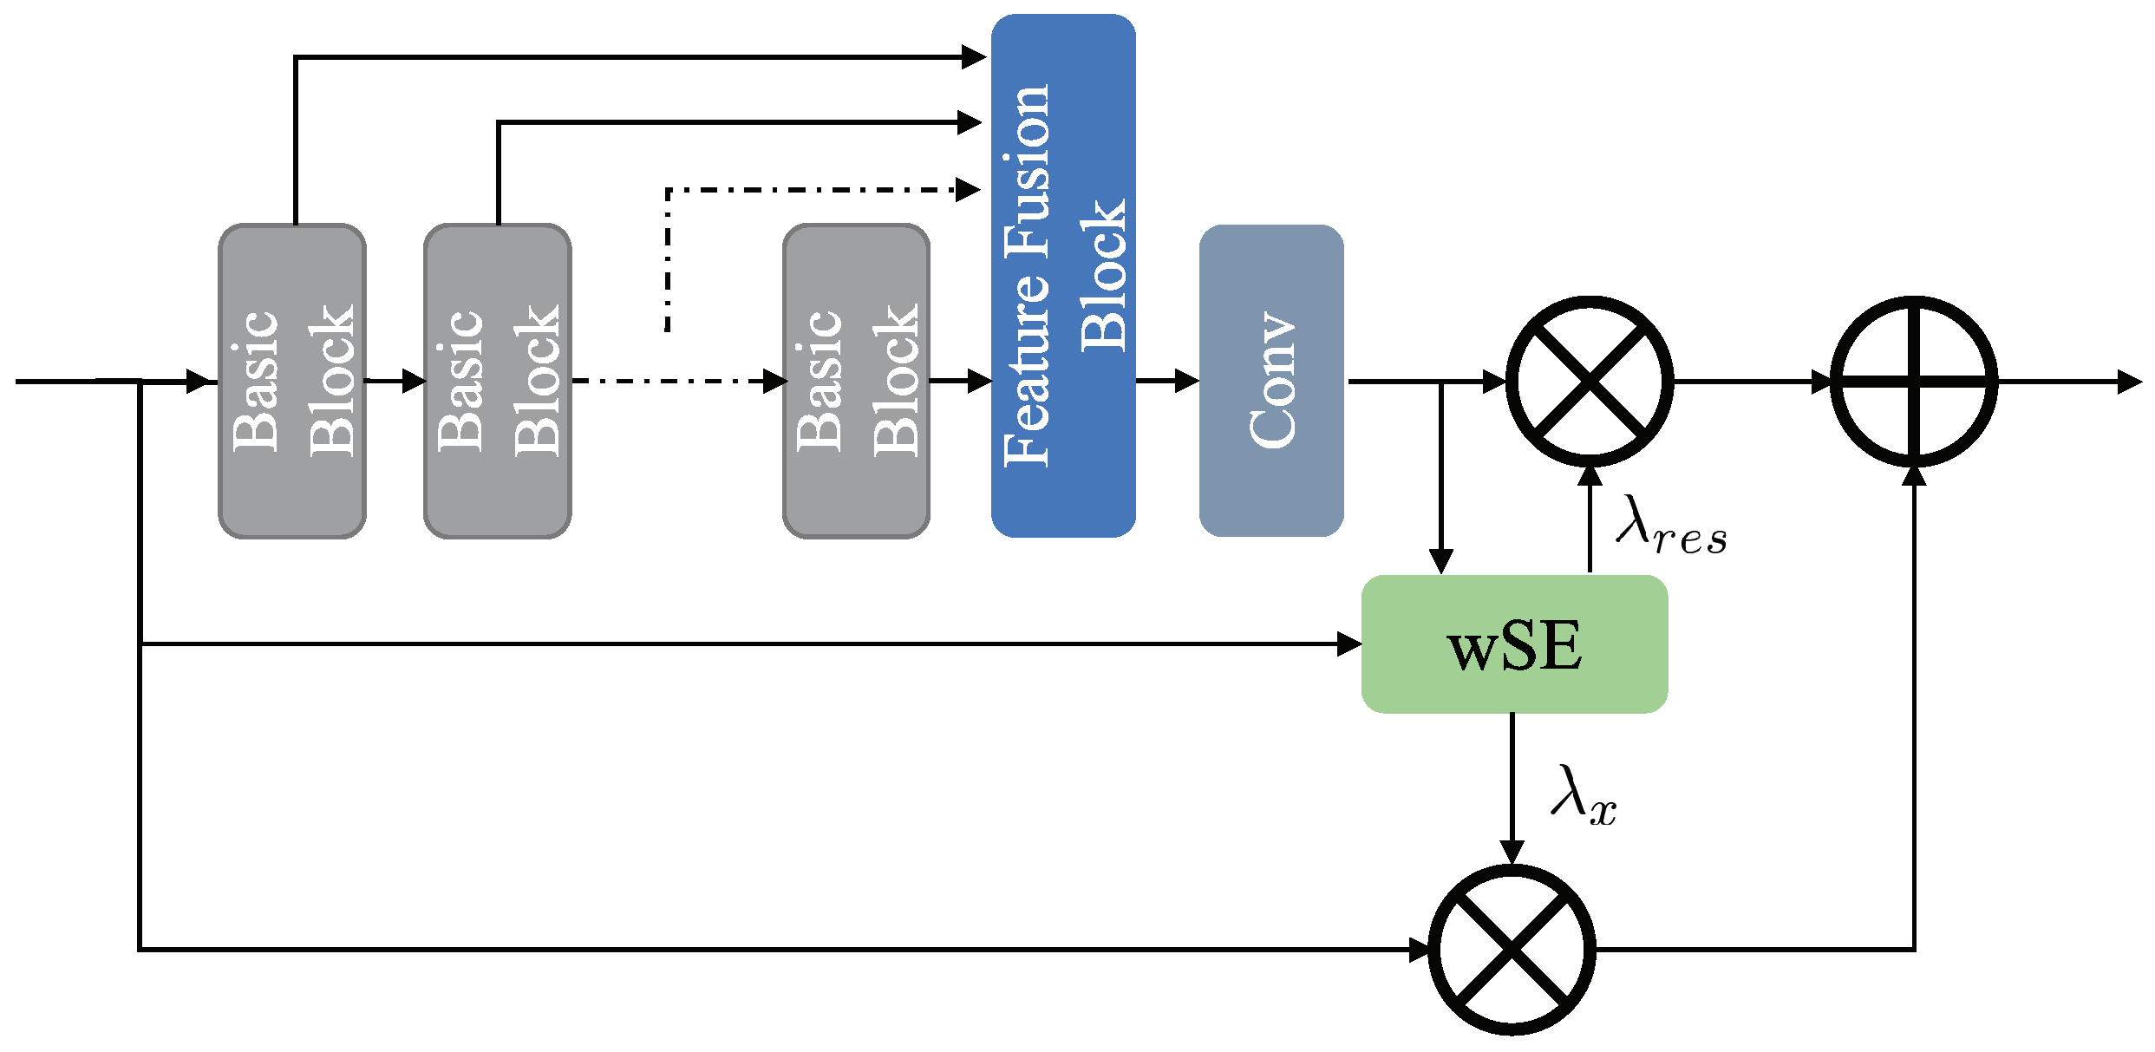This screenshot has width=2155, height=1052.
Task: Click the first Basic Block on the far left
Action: tap(292, 381)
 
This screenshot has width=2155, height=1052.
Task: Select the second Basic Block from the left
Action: tap(497, 381)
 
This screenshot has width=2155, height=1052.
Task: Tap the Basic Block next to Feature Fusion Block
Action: tap(856, 381)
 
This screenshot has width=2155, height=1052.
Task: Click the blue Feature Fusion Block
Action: tap(1063, 276)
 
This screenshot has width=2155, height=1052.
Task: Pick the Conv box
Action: tap(1271, 381)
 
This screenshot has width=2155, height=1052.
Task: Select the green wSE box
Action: tap(1514, 644)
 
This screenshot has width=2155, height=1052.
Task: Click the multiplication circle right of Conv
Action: tap(1589, 381)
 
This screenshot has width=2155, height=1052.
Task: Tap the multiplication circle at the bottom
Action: tap(1512, 950)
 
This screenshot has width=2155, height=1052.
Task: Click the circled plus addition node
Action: tap(1914, 381)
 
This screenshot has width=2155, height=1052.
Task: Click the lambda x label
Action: tap(1584, 795)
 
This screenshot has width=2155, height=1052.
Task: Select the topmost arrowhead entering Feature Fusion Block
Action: tap(974, 57)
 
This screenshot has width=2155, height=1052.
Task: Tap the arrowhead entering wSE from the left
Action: tap(1349, 644)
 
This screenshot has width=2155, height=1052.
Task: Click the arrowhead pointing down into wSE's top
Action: tap(1440, 561)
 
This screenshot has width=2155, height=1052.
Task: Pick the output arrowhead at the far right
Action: tap(2130, 381)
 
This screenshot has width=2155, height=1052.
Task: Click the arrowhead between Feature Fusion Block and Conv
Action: tap(1186, 381)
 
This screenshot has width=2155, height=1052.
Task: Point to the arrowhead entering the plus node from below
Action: tap(1914, 475)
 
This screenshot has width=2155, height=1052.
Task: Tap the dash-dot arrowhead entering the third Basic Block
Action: tap(774, 381)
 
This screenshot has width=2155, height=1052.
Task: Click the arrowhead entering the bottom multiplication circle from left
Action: tap(1420, 950)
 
